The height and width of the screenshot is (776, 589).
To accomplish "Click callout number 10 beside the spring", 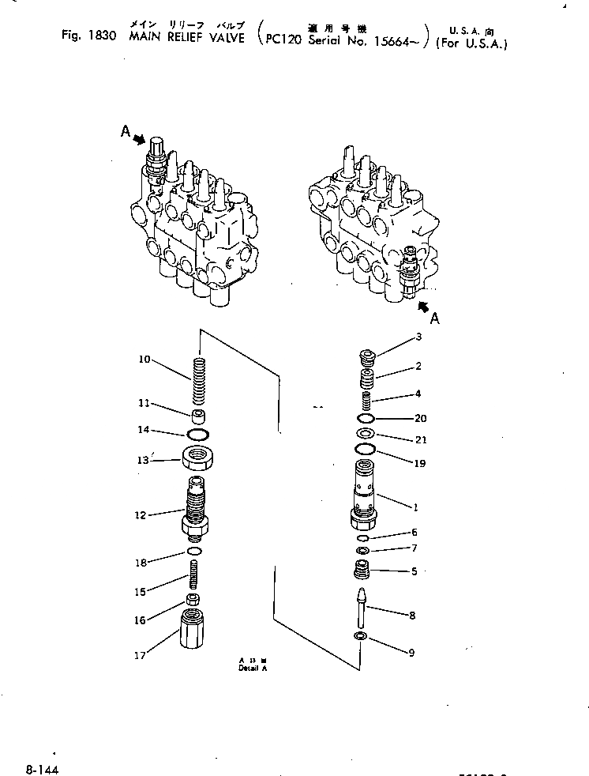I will (144, 360).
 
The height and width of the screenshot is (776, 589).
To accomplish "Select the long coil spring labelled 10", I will (198, 380).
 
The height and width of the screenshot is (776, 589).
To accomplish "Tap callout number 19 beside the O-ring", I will (419, 464).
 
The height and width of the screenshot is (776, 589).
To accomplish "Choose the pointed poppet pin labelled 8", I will (362, 607).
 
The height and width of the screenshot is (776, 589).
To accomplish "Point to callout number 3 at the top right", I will (418, 337).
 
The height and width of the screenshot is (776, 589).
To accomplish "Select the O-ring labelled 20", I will (366, 419).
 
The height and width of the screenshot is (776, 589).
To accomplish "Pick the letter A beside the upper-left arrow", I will (126, 134).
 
